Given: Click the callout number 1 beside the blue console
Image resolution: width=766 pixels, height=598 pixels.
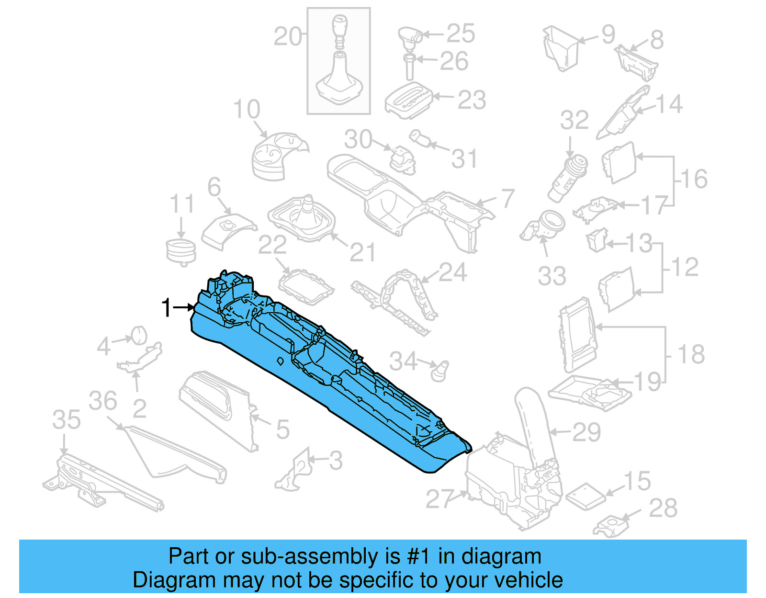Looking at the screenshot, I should [166, 308].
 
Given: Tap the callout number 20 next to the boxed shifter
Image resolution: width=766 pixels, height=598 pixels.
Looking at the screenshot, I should [288, 37].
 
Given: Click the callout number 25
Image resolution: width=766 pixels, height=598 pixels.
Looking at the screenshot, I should [461, 34].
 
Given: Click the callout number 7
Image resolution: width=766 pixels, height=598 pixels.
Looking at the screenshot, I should [507, 198].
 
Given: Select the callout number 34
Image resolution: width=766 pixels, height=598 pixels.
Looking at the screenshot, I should [403, 361].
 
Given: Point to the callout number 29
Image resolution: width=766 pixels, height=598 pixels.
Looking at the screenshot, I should [586, 432].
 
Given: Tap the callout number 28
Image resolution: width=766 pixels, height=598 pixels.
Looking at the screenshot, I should [663, 508].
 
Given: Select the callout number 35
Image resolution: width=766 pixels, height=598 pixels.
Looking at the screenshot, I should [67, 420].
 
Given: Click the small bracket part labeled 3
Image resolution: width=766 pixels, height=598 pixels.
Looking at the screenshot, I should [293, 471].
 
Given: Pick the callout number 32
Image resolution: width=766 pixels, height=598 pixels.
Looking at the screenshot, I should [574, 120].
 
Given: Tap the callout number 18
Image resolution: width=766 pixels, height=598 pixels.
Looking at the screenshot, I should [691, 355].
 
